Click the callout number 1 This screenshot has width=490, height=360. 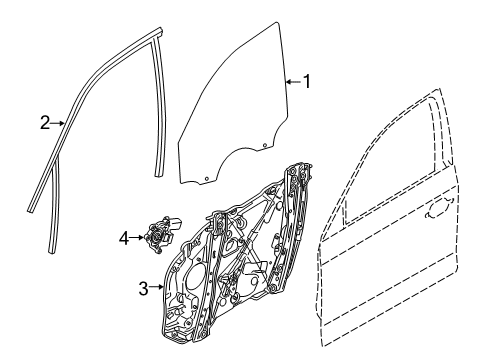(x=307, y=83)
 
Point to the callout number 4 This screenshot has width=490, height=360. (x=124, y=238)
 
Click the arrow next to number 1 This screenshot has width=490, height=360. (x=291, y=83)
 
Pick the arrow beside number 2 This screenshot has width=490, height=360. (x=59, y=124)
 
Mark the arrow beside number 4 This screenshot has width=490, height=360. (x=138, y=238)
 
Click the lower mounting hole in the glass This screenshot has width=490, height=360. (x=207, y=181)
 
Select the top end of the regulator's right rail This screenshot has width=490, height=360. (x=295, y=167)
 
